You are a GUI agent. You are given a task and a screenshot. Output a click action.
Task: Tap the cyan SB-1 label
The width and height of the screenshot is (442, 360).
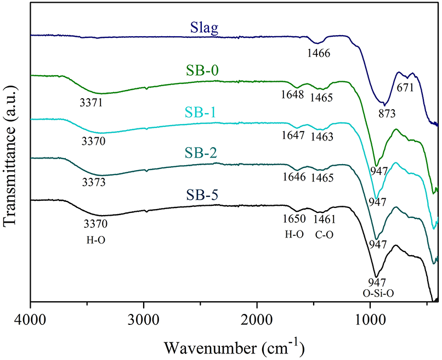coord(202,113)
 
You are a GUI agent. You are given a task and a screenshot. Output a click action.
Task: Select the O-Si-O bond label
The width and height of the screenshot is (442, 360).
coord(378,294)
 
